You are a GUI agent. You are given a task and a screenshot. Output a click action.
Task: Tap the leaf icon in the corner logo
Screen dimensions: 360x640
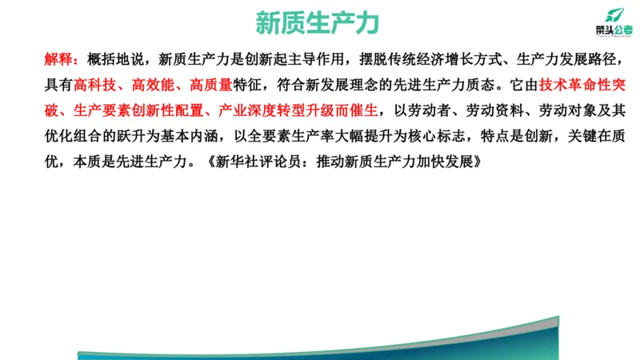[x=613, y=13]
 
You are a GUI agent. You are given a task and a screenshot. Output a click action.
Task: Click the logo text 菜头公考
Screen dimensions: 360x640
[x=613, y=29]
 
